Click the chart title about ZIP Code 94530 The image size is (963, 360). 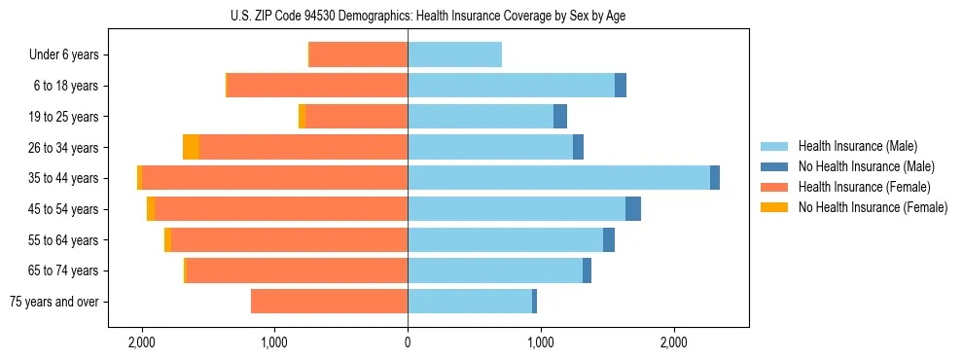pyautogui.click(x=481, y=15)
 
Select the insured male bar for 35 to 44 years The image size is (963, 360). pyautogui.click(x=558, y=178)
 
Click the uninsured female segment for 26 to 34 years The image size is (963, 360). pyautogui.click(x=191, y=147)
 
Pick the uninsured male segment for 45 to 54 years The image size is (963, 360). pyautogui.click(x=633, y=209)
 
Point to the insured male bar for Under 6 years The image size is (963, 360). pyautogui.click(x=454, y=54)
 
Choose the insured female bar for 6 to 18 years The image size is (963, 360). pyautogui.click(x=317, y=86)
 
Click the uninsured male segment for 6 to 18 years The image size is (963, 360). pyautogui.click(x=621, y=86)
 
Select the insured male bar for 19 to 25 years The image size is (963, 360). pyautogui.click(x=481, y=117)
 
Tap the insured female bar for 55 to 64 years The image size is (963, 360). pyautogui.click(x=289, y=239)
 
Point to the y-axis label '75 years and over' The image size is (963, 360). pyautogui.click(x=54, y=302)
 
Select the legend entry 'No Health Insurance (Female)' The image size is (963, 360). pyautogui.click(x=873, y=207)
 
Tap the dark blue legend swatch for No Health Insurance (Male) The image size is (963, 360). pyautogui.click(x=774, y=166)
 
